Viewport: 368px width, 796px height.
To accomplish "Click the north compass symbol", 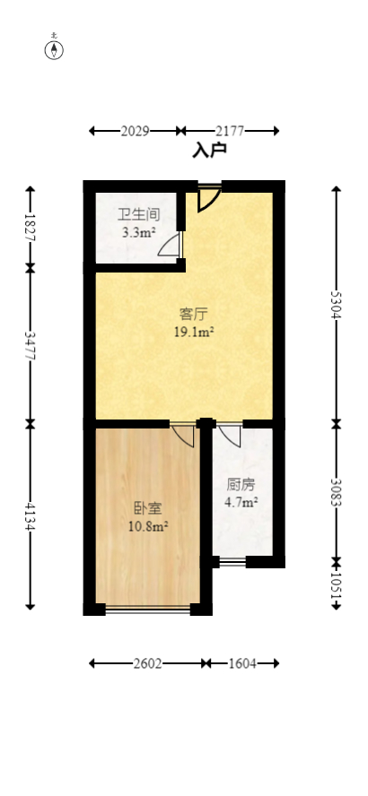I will (55, 48).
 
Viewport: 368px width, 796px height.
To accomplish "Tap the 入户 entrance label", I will (209, 150).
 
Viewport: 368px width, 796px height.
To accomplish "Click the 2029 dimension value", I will (135, 132).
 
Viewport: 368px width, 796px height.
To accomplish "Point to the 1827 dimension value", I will (31, 228).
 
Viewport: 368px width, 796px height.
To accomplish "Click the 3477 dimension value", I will (31, 344).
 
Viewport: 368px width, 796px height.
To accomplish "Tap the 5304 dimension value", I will (336, 305).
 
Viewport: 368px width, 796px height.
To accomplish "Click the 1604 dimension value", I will (241, 663).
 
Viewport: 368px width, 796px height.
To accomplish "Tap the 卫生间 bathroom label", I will (139, 215).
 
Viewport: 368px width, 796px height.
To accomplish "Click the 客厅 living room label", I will (194, 315).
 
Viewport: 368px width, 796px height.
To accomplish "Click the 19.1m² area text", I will (194, 333).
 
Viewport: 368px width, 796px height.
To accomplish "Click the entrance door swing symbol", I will (208, 199).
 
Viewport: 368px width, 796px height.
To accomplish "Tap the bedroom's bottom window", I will (147, 610).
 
